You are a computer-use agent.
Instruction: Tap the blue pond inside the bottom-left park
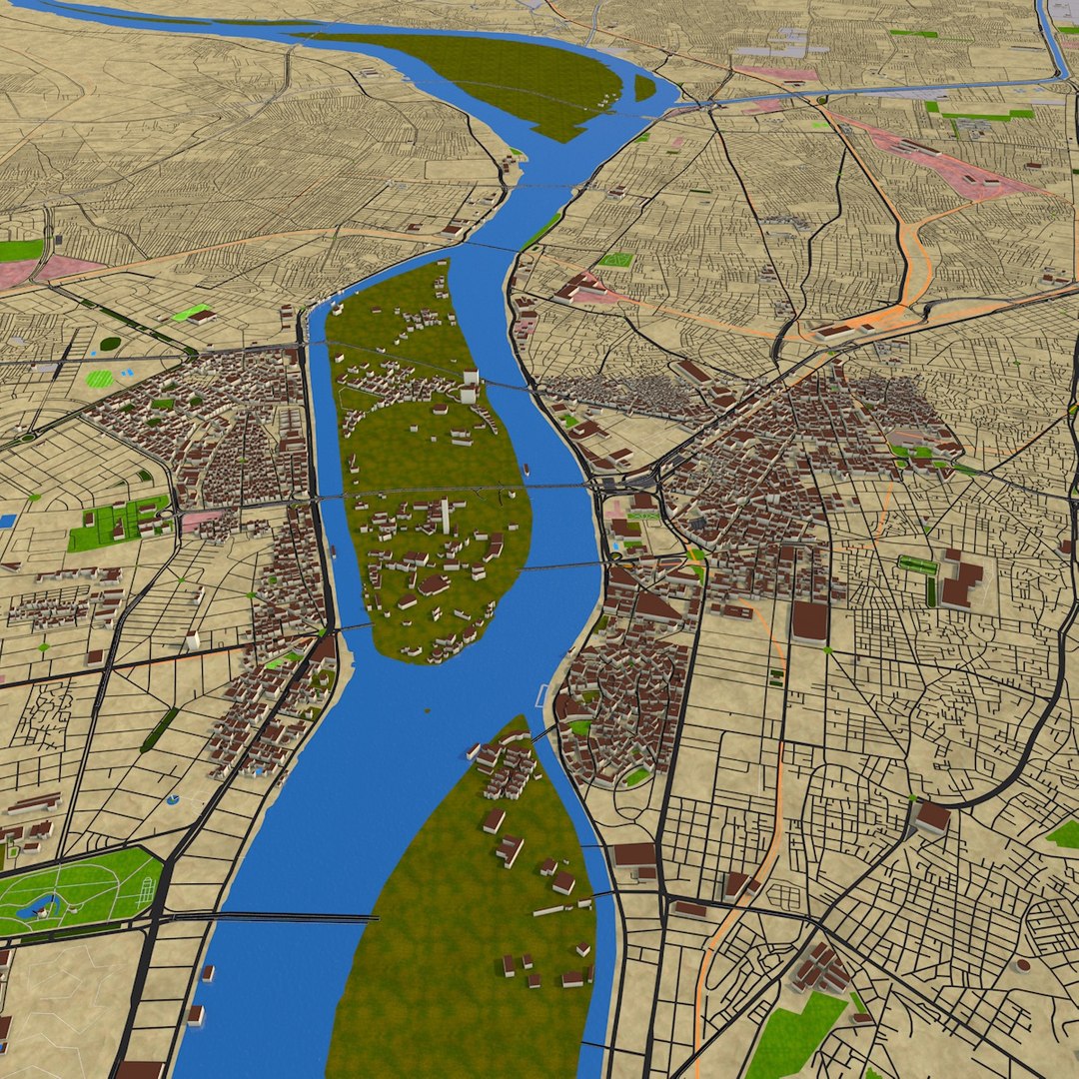point(40,907)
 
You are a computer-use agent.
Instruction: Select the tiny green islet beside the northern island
point(644,88)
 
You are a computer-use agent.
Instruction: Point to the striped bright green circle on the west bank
point(100,379)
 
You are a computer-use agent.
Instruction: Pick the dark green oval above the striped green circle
point(110,344)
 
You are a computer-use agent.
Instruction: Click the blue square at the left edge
point(8,521)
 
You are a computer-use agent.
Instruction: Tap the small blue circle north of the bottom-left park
point(173,800)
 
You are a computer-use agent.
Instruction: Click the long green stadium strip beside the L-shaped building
point(917,565)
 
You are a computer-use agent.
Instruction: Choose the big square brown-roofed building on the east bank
point(809,620)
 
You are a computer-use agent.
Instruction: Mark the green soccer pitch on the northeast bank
point(615,261)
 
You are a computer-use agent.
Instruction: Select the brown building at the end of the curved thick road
point(932,817)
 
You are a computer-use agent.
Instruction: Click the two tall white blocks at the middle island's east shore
point(469,385)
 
